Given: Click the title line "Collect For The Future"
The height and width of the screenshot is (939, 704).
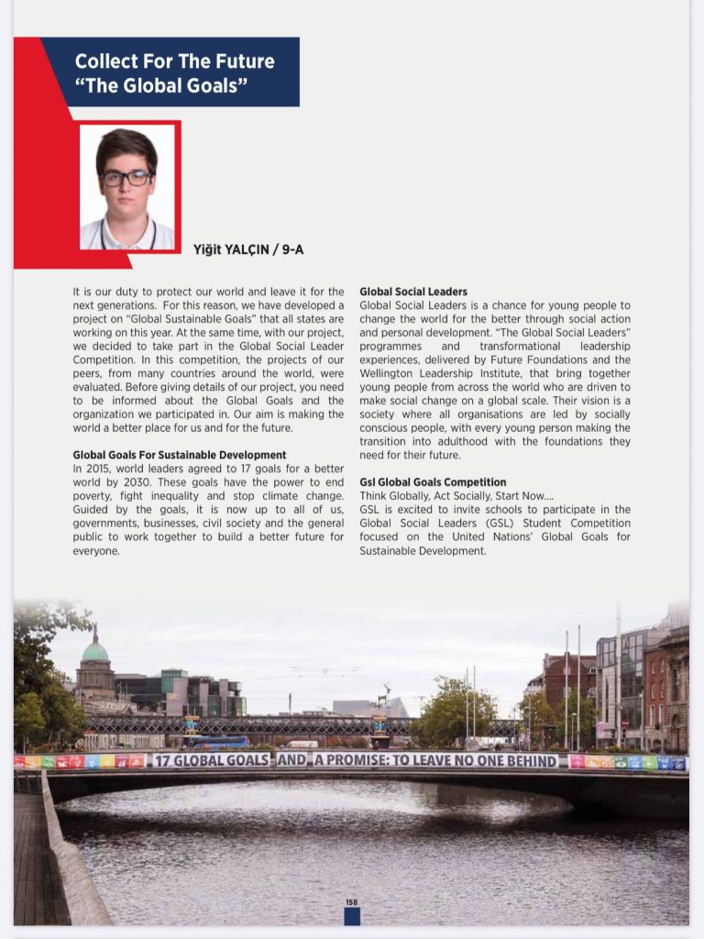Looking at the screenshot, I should [x=174, y=61].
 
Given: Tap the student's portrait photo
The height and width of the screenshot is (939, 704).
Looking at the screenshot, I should [x=127, y=187].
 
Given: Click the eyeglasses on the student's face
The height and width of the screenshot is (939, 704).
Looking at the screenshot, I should [x=126, y=178].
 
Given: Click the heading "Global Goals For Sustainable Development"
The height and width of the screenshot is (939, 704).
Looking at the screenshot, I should [x=180, y=455].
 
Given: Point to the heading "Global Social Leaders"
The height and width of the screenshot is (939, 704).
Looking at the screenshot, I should [x=413, y=292].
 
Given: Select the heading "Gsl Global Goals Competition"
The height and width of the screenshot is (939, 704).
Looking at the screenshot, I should [x=433, y=482].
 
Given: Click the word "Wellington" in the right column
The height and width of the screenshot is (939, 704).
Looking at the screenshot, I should [x=389, y=373].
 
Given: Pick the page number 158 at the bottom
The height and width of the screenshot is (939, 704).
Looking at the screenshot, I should [x=351, y=903].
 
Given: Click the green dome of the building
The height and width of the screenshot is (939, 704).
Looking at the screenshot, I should [x=95, y=651].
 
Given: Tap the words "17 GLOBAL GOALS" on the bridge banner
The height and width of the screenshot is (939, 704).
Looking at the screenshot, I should [x=212, y=760].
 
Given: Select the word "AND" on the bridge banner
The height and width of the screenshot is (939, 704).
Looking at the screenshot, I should [x=292, y=760].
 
